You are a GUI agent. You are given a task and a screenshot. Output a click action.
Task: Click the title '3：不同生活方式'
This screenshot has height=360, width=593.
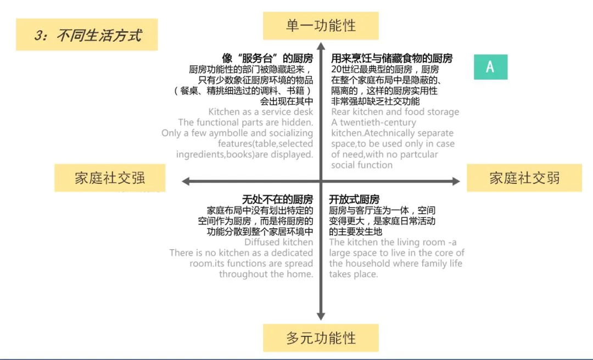(87, 35)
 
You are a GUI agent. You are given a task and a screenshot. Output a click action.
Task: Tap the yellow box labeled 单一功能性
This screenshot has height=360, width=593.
(321, 25)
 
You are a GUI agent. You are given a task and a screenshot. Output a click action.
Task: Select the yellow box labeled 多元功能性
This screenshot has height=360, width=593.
(321, 337)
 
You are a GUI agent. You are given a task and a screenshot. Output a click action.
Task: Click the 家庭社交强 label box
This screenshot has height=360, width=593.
(110, 178)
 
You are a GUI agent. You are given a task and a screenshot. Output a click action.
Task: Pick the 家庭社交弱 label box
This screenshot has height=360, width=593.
(524, 178)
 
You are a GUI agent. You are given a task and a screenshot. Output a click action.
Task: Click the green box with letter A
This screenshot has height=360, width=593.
(490, 67)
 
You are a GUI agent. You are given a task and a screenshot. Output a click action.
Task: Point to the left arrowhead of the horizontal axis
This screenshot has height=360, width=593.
(186, 181)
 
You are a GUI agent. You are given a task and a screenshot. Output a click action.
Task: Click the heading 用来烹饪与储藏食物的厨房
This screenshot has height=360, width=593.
(391, 59)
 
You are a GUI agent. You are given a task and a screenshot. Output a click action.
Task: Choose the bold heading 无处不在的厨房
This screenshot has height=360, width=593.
(277, 199)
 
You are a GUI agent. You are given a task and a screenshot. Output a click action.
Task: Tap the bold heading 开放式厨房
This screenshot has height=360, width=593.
(354, 199)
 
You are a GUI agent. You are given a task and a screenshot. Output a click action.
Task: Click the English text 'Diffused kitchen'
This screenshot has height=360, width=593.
(278, 242)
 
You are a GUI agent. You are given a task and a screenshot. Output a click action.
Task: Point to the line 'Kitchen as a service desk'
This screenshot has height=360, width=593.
(260, 112)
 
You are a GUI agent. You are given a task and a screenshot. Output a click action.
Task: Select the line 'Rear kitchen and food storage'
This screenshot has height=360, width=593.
(395, 112)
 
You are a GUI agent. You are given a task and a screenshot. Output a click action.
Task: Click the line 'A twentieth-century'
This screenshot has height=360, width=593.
(373, 122)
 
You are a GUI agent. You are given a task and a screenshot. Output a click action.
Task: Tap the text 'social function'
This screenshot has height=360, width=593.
(361, 165)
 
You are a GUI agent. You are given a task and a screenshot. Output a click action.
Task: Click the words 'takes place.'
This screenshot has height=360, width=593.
(353, 274)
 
